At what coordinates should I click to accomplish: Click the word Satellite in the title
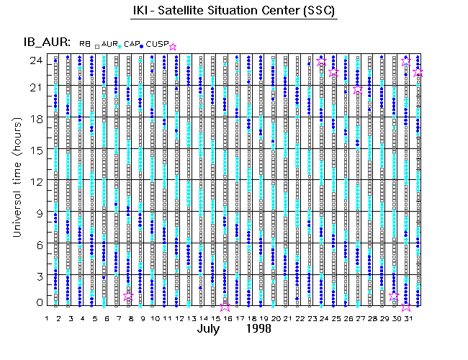click(x=202, y=12)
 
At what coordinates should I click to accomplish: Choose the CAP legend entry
click(x=132, y=44)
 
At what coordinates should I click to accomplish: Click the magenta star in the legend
click(x=172, y=47)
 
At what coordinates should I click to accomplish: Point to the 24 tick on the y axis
click(x=34, y=60)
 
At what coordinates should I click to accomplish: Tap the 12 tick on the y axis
click(x=34, y=180)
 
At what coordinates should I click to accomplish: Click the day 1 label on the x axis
click(x=47, y=318)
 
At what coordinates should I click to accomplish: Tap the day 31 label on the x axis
click(x=407, y=318)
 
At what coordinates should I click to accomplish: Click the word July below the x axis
click(x=211, y=329)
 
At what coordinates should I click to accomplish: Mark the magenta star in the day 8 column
click(x=129, y=296)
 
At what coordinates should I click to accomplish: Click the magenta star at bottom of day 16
click(x=226, y=305)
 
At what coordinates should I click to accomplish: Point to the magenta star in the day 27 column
click(x=358, y=89)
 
